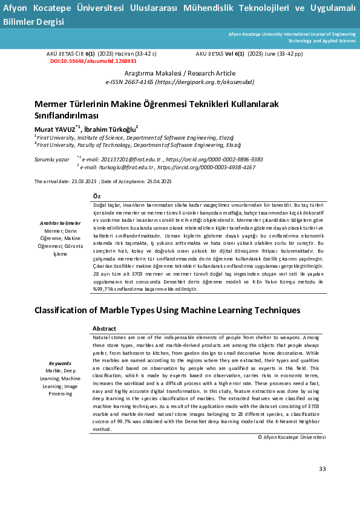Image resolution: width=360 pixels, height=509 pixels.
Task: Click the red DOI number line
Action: (93, 61)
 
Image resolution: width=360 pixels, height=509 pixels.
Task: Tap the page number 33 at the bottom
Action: (322, 469)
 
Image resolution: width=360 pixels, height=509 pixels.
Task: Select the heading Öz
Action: (96, 195)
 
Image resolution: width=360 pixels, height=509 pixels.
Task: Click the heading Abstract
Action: (103, 328)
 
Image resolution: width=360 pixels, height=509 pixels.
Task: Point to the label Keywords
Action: (60, 363)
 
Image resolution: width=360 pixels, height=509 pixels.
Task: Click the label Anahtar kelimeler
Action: (60, 224)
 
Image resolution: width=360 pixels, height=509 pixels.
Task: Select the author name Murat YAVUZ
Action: (55, 129)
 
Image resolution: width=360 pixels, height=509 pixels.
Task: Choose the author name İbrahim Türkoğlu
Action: (111, 129)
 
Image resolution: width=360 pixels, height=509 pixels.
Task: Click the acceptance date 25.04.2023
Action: (158, 181)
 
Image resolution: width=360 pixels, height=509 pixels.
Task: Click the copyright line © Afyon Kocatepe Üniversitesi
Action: (292, 436)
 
